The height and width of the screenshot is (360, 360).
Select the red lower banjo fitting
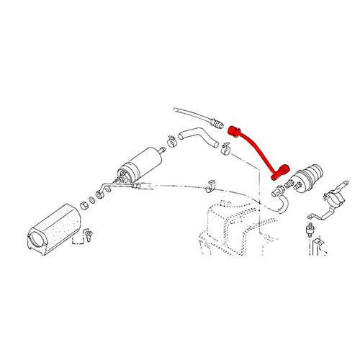(x=276, y=174)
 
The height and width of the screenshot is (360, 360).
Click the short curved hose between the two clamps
(x=195, y=134)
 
